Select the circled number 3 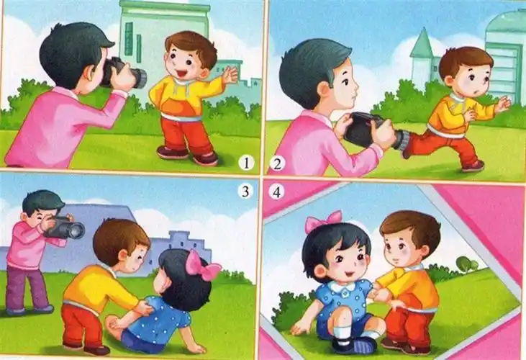point(246,192)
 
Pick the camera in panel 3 point(65,228)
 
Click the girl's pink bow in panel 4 point(322,220)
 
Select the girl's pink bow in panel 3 point(201,266)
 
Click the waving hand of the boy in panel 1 point(229,75)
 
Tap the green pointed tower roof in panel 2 point(422,45)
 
